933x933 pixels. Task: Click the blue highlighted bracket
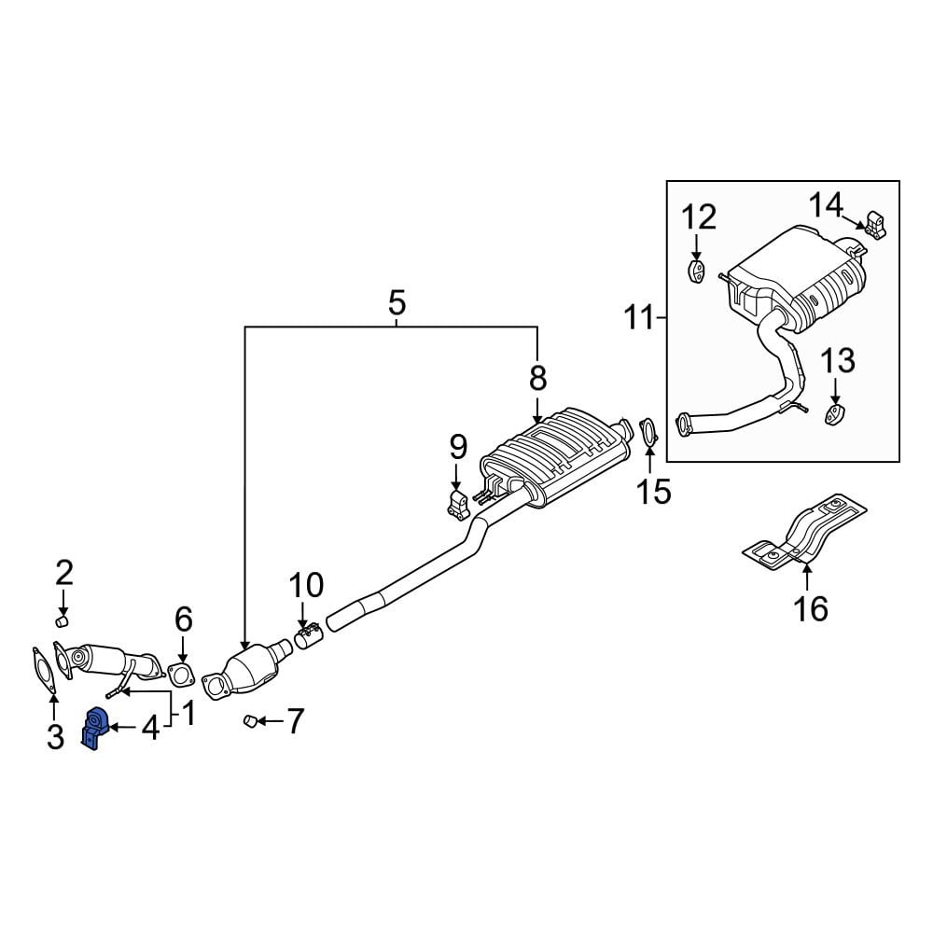(94, 727)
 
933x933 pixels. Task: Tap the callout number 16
(811, 608)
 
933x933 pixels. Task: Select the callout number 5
(397, 302)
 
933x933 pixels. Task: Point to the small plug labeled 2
(62, 621)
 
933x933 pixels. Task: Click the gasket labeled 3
(45, 671)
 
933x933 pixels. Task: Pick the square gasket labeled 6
(180, 675)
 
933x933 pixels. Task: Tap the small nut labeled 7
(250, 721)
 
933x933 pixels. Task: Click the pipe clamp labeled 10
(308, 637)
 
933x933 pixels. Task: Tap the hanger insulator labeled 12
(695, 272)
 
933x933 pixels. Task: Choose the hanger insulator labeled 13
(835, 414)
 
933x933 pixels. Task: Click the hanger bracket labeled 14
(875, 225)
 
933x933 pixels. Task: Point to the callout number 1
(188, 713)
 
